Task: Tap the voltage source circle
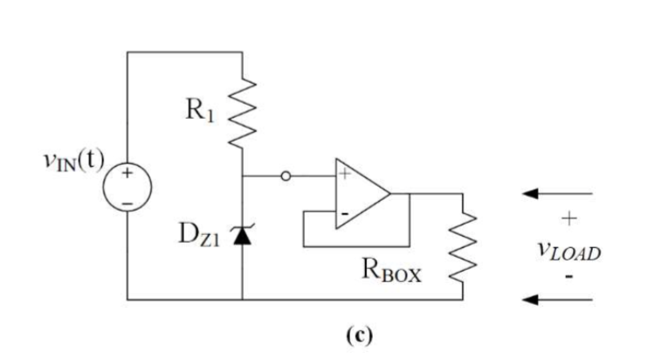pyautogui.click(x=128, y=187)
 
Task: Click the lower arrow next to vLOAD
pyautogui.click(x=554, y=300)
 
